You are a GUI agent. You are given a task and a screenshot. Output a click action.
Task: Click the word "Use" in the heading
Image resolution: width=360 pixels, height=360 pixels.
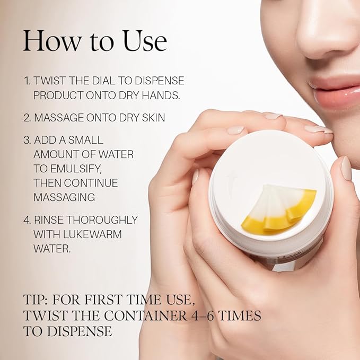coord(145,41)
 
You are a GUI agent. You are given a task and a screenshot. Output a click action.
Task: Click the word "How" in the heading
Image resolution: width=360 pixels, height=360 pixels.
coord(52,41)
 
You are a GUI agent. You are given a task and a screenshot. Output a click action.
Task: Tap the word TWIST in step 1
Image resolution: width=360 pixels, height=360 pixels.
coord(50,81)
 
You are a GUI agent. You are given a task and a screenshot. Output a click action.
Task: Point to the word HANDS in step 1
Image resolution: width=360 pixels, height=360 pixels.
coord(161,95)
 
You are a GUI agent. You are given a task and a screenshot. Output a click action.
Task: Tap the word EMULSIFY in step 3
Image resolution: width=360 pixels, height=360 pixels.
coord(76,169)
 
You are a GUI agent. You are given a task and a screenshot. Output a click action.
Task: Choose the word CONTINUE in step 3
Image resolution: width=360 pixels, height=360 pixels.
coord(91,183)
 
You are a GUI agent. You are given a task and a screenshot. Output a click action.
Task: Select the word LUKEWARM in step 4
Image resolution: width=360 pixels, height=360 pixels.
coord(92,234)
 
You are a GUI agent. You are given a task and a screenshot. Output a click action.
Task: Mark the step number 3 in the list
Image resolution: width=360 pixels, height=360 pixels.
coord(27,140)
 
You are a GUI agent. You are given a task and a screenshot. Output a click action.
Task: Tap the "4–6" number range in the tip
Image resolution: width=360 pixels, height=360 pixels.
coord(204,315)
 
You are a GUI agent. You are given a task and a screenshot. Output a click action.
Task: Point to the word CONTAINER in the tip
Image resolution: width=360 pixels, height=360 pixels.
coord(146,315)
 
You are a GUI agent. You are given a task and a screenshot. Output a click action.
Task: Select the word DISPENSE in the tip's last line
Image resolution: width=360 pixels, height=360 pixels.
coord(80,331)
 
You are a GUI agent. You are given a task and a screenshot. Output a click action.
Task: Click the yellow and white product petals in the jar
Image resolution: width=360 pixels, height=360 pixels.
coord(279,209)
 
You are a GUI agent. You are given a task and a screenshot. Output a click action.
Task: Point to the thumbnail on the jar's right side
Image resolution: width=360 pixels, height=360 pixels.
coord(346,168)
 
